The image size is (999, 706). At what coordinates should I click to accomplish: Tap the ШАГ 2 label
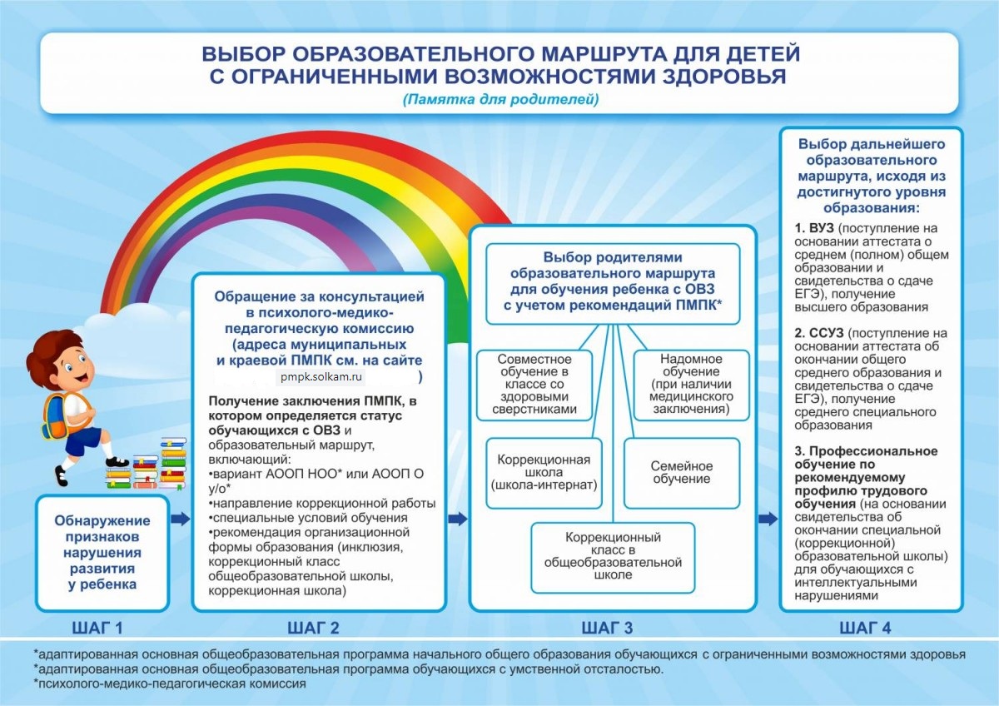tap(313, 627)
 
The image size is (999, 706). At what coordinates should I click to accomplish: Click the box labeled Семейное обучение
tap(681, 473)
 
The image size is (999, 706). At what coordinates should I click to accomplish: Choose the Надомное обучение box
tap(691, 384)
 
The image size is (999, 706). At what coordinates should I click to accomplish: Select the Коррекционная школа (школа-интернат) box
tap(544, 472)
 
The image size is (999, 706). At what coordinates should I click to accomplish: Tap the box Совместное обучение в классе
tap(534, 384)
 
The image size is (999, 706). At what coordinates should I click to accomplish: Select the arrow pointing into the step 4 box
tap(768, 519)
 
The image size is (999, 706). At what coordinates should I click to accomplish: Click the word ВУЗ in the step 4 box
tap(810, 227)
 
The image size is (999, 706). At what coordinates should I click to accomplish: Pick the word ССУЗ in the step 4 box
tap(814, 333)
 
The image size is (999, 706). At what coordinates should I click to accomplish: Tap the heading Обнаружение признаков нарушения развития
tap(102, 552)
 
